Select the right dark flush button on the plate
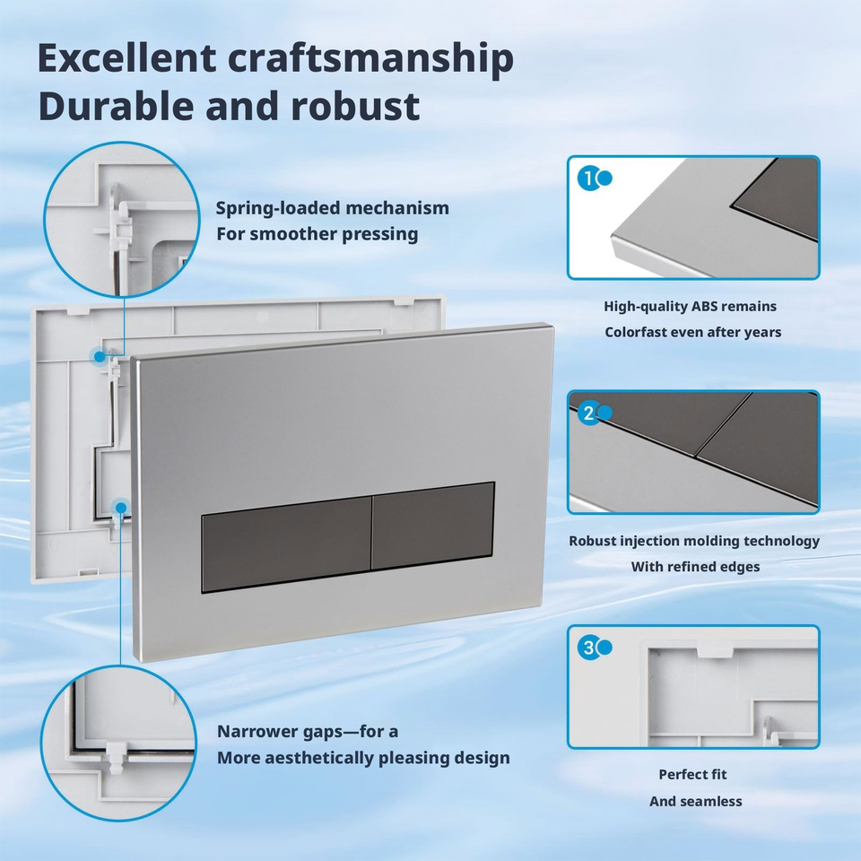pyautogui.click(x=433, y=526)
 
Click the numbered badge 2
pyautogui.click(x=588, y=413)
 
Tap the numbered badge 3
pyautogui.click(x=588, y=648)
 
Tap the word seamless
pyautogui.click(x=711, y=802)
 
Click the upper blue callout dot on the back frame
pyautogui.click(x=100, y=357)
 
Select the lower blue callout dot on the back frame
pyautogui.click(x=120, y=508)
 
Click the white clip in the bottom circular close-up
pyautogui.click(x=117, y=758)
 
